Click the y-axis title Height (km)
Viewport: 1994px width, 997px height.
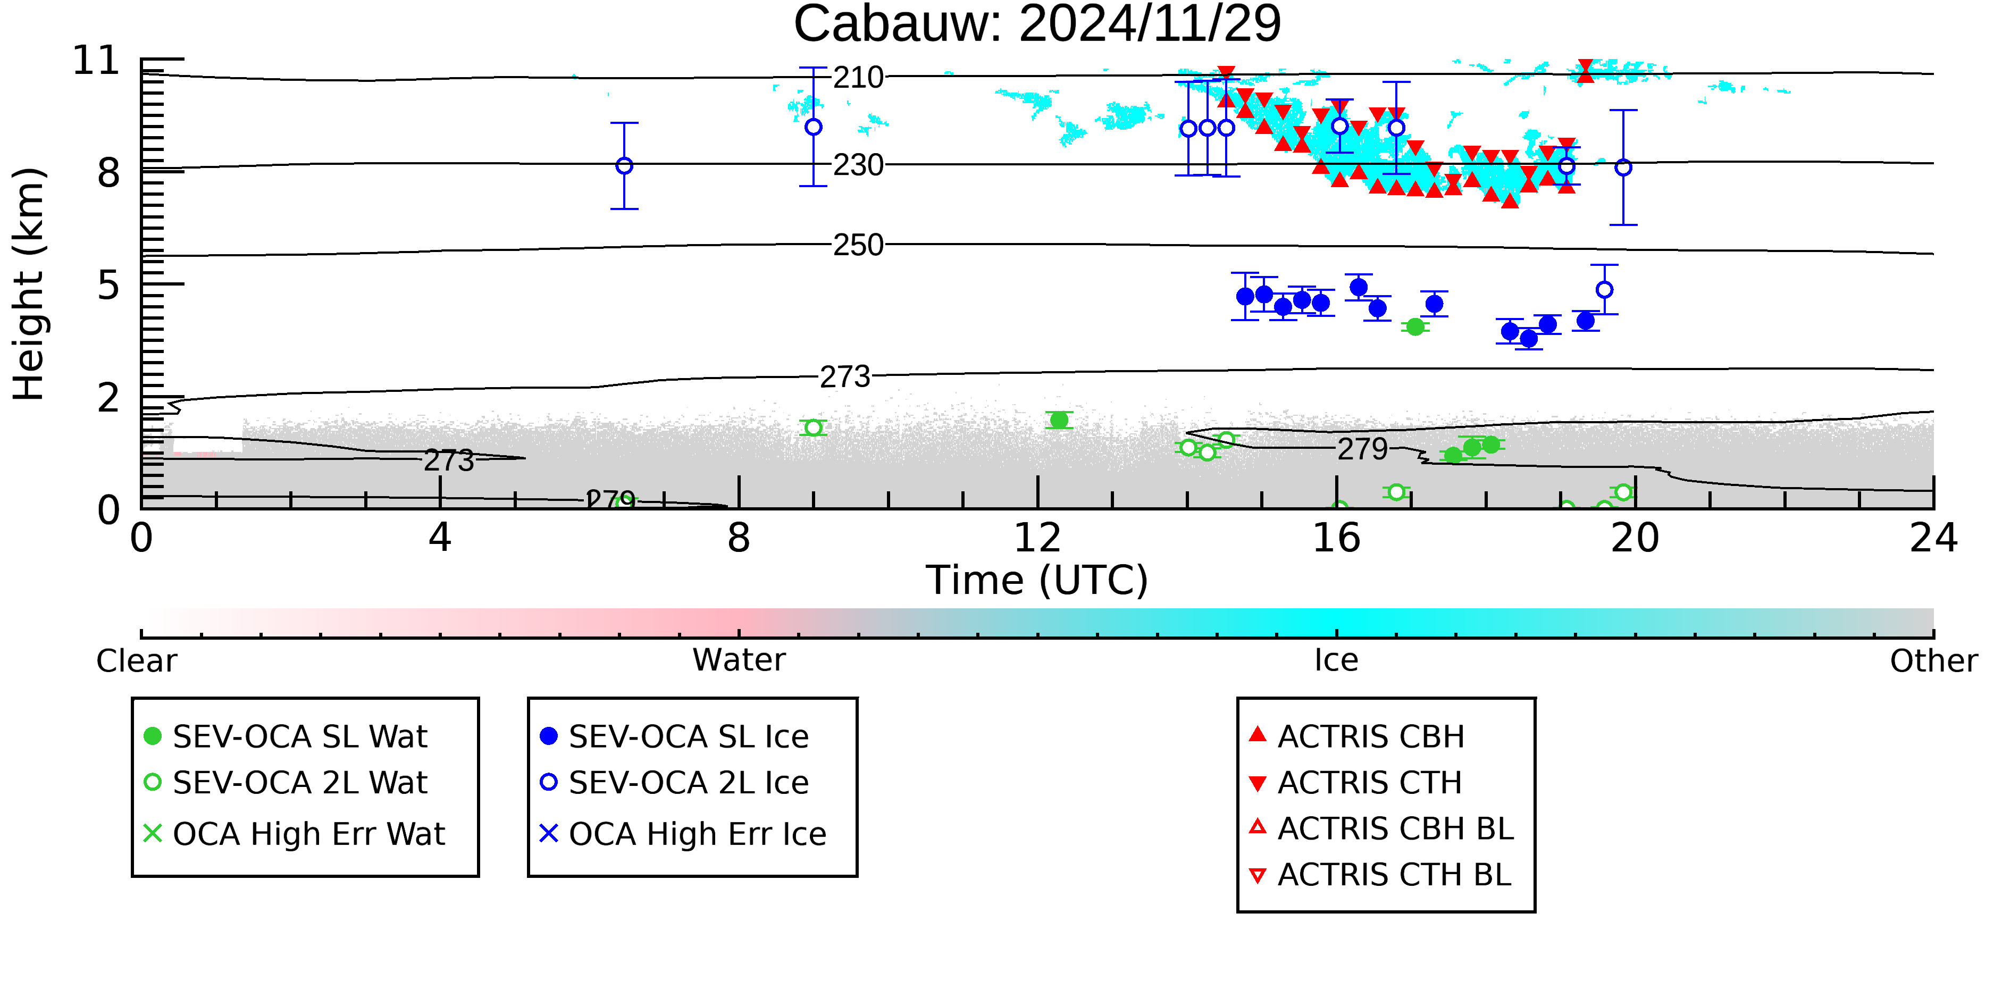pos(29,284)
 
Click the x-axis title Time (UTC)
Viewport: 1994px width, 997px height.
pos(1037,581)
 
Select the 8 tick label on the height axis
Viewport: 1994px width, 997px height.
pos(109,173)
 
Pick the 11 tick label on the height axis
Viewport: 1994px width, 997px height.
pos(97,61)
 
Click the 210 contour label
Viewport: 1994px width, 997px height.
pos(858,78)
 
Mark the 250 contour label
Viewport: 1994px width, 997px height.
pos(858,245)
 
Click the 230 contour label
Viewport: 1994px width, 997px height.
pos(858,165)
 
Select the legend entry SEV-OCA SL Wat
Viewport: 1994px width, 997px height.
pos(287,736)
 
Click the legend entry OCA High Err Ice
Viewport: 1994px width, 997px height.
pos(683,834)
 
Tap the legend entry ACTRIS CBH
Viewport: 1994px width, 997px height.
pos(1357,736)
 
